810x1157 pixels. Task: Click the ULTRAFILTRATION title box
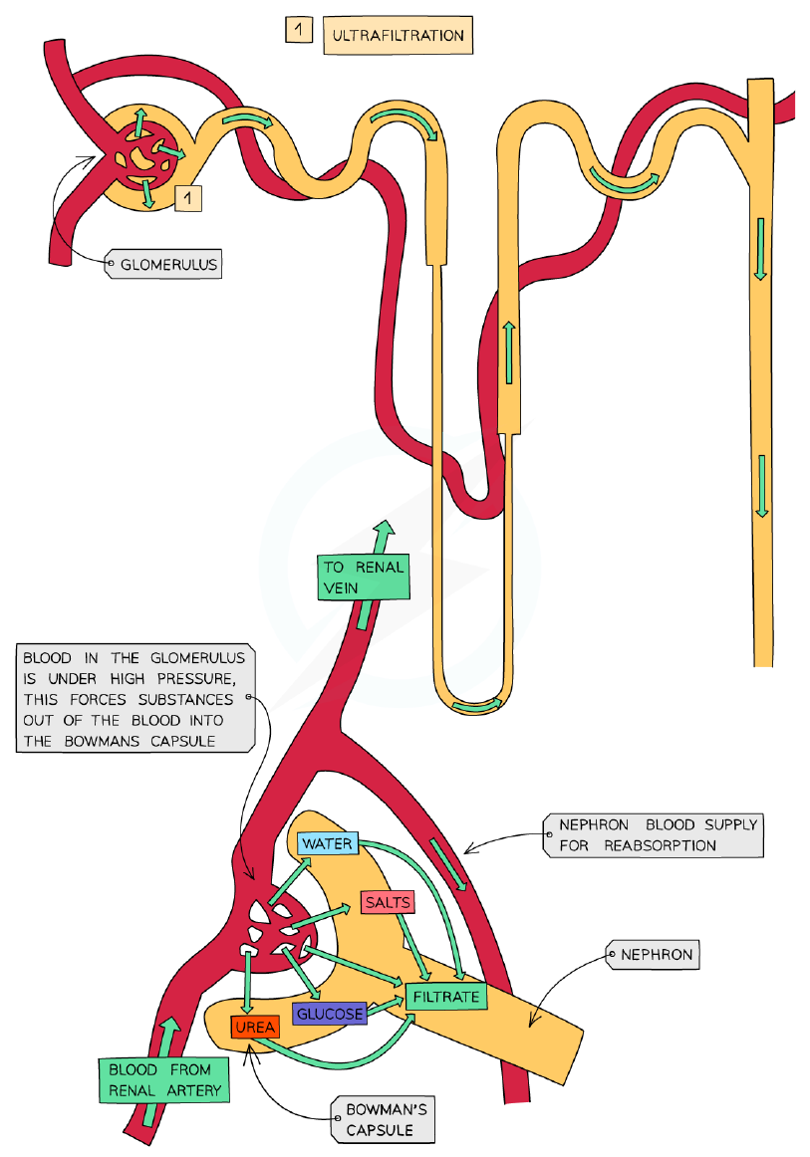coord(398,36)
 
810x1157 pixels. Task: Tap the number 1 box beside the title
coord(298,30)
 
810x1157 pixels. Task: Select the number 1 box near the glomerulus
coord(188,198)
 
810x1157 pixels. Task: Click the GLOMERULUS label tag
coord(164,264)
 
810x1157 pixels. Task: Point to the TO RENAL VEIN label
coord(364,578)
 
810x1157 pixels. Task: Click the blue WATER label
coord(328,843)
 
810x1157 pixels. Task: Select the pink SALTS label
coord(388,902)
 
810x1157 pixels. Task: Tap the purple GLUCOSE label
coord(330,1014)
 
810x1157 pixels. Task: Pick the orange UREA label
coord(255,1027)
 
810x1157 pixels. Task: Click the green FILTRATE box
coord(446,997)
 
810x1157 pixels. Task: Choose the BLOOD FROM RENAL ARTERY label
coord(164,1080)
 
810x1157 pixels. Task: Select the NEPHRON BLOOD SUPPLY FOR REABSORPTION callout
coord(654,835)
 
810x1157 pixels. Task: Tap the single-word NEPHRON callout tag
coord(653,955)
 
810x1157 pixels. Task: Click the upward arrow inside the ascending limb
coord(509,351)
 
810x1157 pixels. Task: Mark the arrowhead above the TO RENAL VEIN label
coord(385,529)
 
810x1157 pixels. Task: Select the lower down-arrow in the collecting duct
coord(762,486)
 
